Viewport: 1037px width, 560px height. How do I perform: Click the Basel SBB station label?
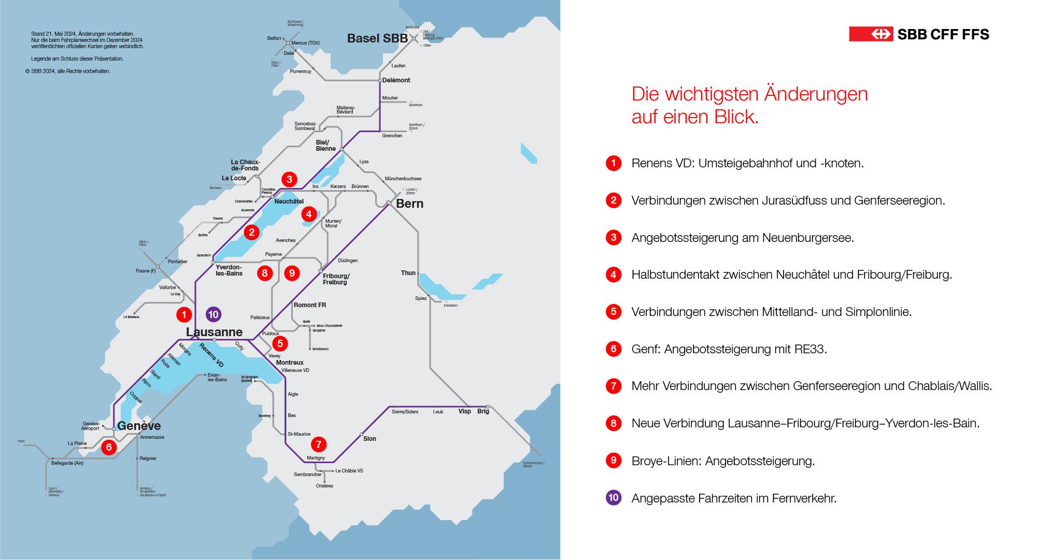377,38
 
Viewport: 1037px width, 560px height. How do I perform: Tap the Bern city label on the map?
409,204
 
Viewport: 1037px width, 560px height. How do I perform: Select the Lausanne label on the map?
214,332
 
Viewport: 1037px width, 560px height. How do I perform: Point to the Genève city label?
139,426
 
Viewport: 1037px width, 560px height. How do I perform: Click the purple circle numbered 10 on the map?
213,314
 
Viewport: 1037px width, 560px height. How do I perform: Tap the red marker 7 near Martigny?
318,444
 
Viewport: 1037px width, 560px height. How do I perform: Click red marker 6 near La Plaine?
109,447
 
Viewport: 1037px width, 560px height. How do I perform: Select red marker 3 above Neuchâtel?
289,179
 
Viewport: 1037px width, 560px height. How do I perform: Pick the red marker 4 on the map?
309,213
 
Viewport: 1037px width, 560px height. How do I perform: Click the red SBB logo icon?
870,34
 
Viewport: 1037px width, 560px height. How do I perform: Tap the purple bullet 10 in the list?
614,498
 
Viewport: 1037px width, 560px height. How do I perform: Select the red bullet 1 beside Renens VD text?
614,163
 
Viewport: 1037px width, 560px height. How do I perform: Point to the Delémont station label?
396,80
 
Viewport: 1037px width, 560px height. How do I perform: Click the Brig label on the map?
483,411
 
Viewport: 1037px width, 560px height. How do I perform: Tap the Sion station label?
370,439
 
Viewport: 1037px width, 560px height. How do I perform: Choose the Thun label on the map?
408,273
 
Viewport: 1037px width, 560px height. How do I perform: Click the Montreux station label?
290,363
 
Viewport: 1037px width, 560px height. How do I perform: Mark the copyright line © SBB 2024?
68,71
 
